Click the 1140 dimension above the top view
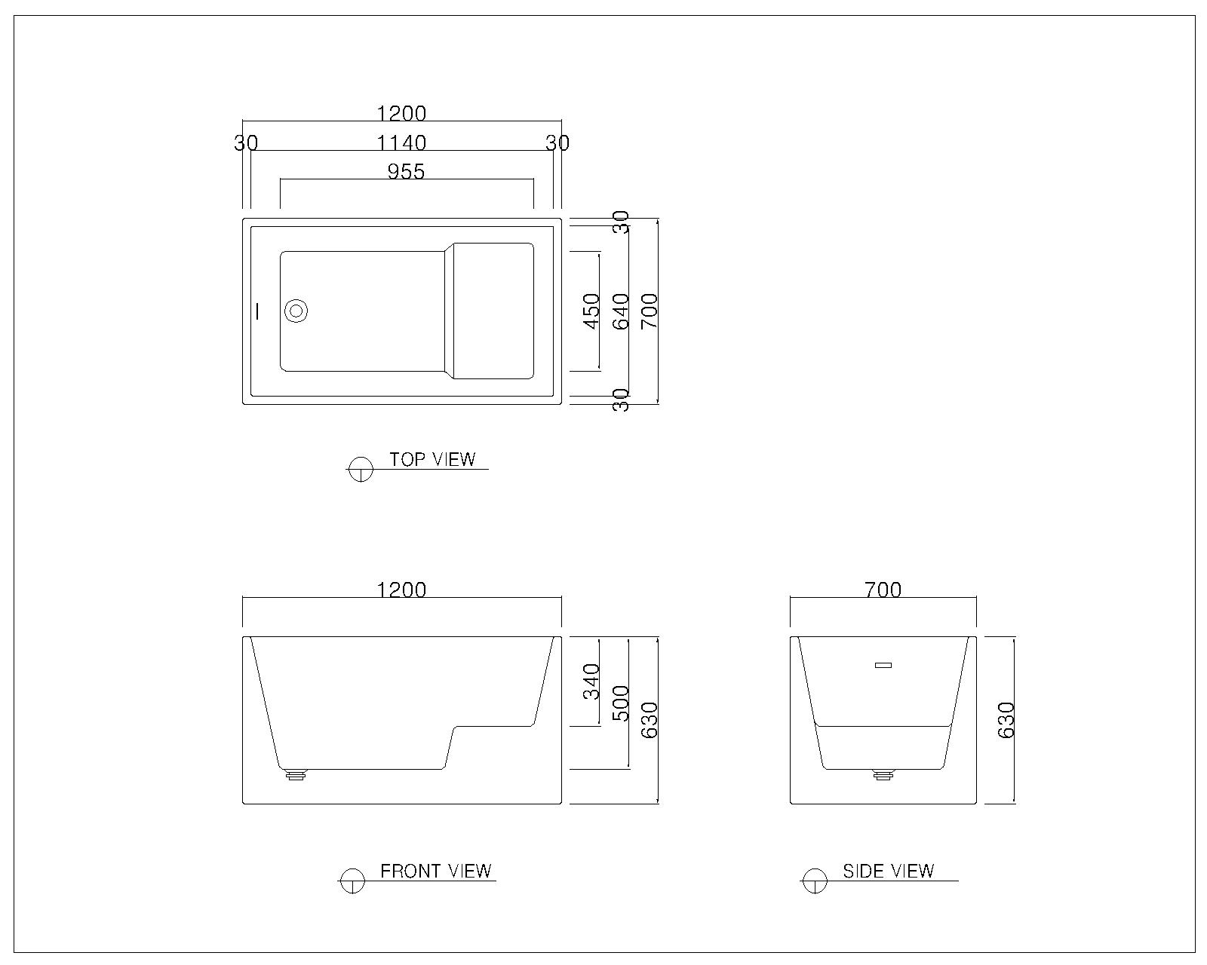[401, 143]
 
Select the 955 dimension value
[406, 172]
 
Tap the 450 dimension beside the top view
[591, 311]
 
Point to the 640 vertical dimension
[621, 311]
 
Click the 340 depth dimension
[591, 682]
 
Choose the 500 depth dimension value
[621, 703]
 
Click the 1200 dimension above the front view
[401, 590]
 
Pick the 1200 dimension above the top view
[401, 114]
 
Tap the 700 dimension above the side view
[883, 590]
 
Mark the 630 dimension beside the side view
[1007, 720]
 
